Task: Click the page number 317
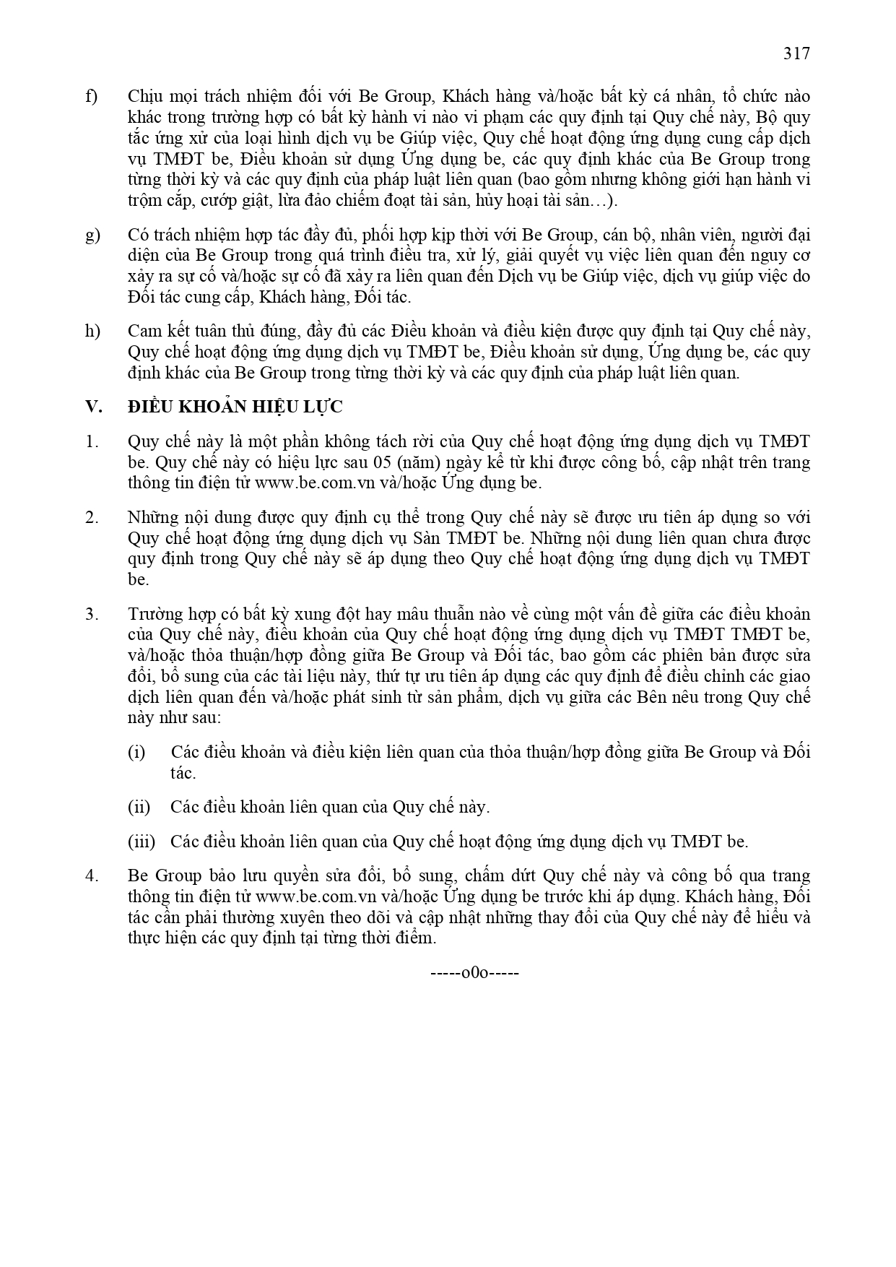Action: point(796,53)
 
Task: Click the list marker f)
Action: point(92,97)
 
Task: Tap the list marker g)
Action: point(92,235)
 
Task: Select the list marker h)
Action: point(92,332)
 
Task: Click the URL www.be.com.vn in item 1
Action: point(308,483)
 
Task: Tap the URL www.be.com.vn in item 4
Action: point(308,896)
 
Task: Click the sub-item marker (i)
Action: point(136,752)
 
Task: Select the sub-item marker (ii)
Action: point(139,807)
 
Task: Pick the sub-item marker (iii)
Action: point(141,842)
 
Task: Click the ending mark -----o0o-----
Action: point(474,972)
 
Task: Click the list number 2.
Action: point(92,517)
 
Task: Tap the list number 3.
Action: point(92,614)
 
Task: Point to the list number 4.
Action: point(92,875)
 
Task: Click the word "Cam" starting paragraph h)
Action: point(144,332)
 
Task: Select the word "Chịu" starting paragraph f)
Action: point(145,97)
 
